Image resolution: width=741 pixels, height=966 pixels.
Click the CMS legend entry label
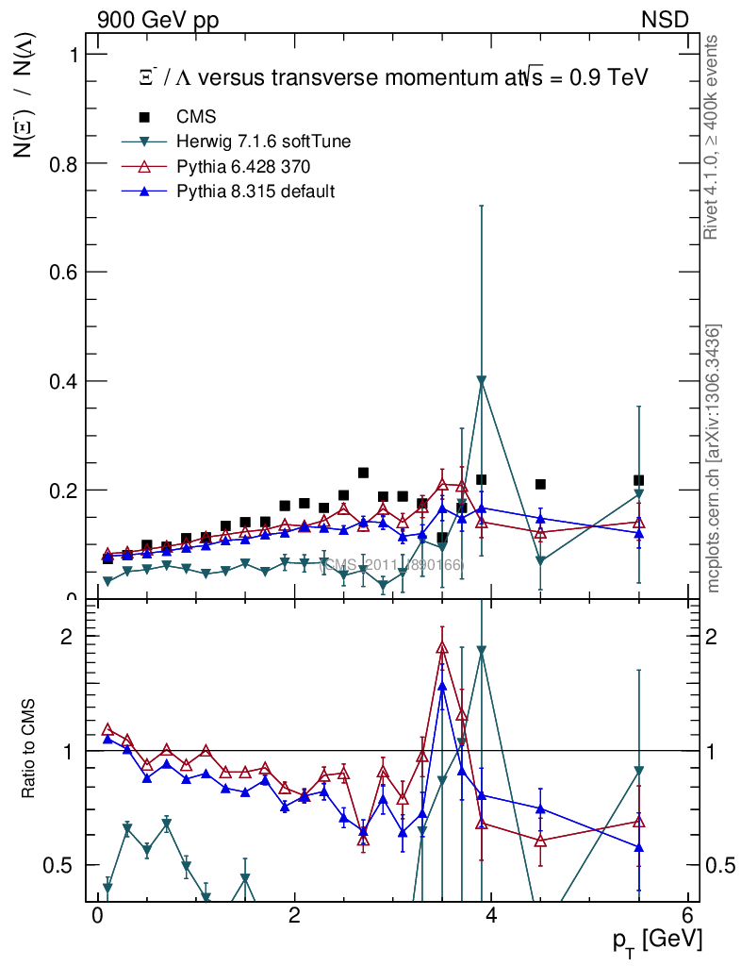point(196,117)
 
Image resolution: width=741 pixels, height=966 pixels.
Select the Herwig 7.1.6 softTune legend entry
point(264,142)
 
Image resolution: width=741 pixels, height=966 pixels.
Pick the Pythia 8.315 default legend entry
point(255,192)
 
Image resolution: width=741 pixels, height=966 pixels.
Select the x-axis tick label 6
point(689,917)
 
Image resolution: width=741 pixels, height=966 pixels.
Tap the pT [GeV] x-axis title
point(655,940)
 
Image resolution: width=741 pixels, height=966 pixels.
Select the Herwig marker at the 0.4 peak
point(482,381)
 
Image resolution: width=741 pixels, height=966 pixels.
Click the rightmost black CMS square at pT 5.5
point(638,480)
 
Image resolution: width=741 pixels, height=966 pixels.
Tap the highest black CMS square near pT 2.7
point(363,473)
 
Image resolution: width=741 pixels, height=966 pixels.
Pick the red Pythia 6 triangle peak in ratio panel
point(442,647)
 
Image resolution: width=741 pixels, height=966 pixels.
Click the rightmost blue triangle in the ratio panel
point(638,847)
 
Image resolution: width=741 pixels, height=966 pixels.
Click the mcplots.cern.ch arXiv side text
point(715,458)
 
